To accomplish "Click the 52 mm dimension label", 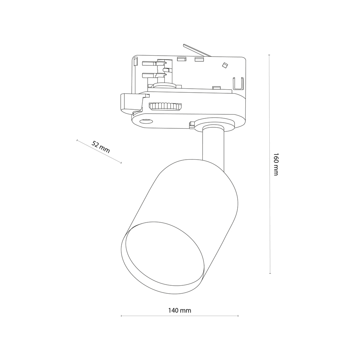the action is [x=101, y=147].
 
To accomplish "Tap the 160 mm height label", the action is [x=276, y=164].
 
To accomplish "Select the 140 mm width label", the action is [x=180, y=310].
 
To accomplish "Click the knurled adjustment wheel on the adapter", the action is [x=165, y=106].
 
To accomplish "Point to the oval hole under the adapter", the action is [x=146, y=121].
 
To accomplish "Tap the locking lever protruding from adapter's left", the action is [x=132, y=102].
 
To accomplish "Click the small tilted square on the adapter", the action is [x=224, y=65].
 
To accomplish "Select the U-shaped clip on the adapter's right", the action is [x=238, y=84].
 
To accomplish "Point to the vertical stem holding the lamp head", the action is [x=213, y=145].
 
